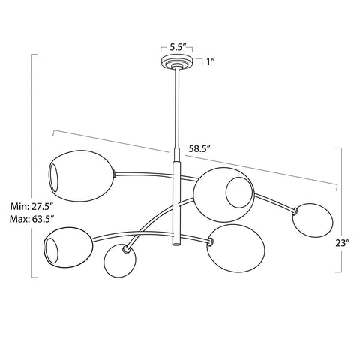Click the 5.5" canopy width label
[178, 46]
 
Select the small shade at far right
[312, 218]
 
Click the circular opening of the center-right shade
[239, 193]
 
